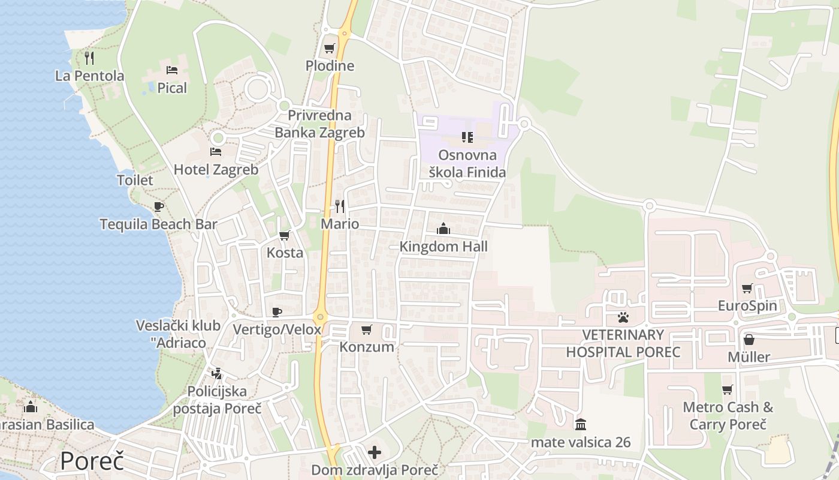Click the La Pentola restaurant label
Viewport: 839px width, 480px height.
pyautogui.click(x=90, y=76)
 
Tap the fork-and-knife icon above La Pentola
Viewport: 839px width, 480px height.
pyautogui.click(x=90, y=58)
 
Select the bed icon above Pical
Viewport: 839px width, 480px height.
pyautogui.click(x=172, y=70)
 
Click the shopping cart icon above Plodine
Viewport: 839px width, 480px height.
pyautogui.click(x=329, y=48)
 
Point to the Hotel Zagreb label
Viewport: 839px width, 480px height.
pyautogui.click(x=216, y=170)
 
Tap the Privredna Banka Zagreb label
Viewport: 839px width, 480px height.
pyautogui.click(x=319, y=124)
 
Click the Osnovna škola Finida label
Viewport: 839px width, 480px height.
pyautogui.click(x=467, y=164)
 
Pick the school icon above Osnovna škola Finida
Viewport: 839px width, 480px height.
pyautogui.click(x=467, y=137)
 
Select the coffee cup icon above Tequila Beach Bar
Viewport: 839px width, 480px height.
pyautogui.click(x=158, y=207)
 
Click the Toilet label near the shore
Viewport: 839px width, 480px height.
pyautogui.click(x=135, y=180)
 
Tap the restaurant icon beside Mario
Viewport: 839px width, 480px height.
pyautogui.click(x=340, y=206)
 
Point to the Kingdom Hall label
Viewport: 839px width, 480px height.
pyautogui.click(x=443, y=247)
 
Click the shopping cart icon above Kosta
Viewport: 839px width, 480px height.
pyautogui.click(x=285, y=235)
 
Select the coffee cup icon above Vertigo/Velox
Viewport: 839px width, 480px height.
pyautogui.click(x=276, y=312)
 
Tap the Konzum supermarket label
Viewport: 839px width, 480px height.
pyautogui.click(x=367, y=347)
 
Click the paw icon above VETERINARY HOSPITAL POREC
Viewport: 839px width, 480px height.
pyautogui.click(x=623, y=317)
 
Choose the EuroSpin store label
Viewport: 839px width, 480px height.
pyautogui.click(x=747, y=306)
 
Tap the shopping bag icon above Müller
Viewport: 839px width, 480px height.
pyautogui.click(x=749, y=340)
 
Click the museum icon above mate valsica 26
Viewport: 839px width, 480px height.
pyautogui.click(x=580, y=425)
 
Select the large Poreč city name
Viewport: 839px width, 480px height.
pyautogui.click(x=92, y=461)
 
